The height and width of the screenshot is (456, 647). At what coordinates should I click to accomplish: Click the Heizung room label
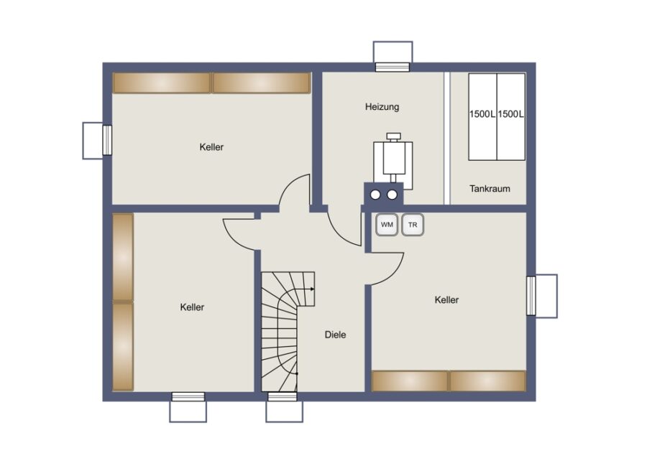click(x=382, y=107)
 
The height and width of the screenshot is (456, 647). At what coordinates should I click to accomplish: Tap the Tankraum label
click(x=490, y=189)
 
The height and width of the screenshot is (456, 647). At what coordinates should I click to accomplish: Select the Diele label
click(x=335, y=335)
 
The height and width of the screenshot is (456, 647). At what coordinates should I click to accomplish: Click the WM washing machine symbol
click(x=387, y=225)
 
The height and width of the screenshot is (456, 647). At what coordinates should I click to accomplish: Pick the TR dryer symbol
click(x=413, y=225)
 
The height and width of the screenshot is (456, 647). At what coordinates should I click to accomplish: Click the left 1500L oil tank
click(x=483, y=117)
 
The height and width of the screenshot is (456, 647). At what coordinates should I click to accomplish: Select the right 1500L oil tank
click(x=511, y=117)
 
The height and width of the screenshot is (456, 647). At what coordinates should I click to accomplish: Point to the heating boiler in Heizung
click(x=393, y=159)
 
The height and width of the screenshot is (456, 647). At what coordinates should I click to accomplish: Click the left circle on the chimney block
click(x=375, y=195)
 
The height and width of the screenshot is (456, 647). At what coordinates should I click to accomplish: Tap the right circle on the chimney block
click(x=392, y=195)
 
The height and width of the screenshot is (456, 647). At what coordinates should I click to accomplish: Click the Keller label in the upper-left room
click(x=211, y=147)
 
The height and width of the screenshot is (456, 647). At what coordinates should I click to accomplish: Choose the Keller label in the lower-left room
click(x=192, y=307)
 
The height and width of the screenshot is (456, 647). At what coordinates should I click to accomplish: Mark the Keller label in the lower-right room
click(x=446, y=299)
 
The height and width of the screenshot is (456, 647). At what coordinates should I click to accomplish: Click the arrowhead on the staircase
click(x=313, y=289)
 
